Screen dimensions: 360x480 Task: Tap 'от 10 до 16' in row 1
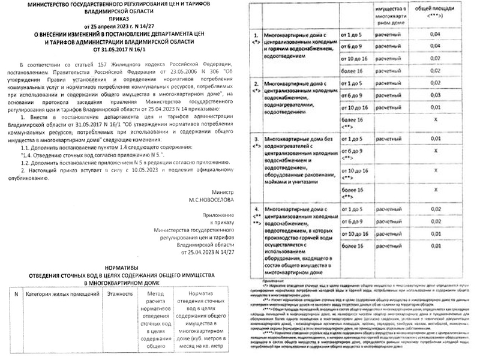point(355,59)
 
